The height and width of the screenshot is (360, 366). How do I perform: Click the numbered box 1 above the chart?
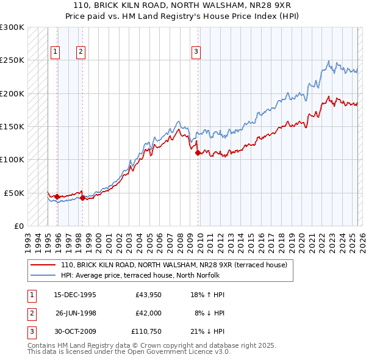(56, 52)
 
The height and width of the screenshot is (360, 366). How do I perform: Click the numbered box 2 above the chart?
(81, 52)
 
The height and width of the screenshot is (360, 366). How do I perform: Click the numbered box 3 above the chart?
(196, 52)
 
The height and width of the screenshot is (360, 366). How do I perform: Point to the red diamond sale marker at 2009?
(198, 153)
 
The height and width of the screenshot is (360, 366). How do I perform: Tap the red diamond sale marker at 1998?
(82, 198)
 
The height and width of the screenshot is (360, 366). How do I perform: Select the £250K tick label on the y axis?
(12, 60)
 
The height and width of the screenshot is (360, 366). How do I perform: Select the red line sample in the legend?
(43, 265)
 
